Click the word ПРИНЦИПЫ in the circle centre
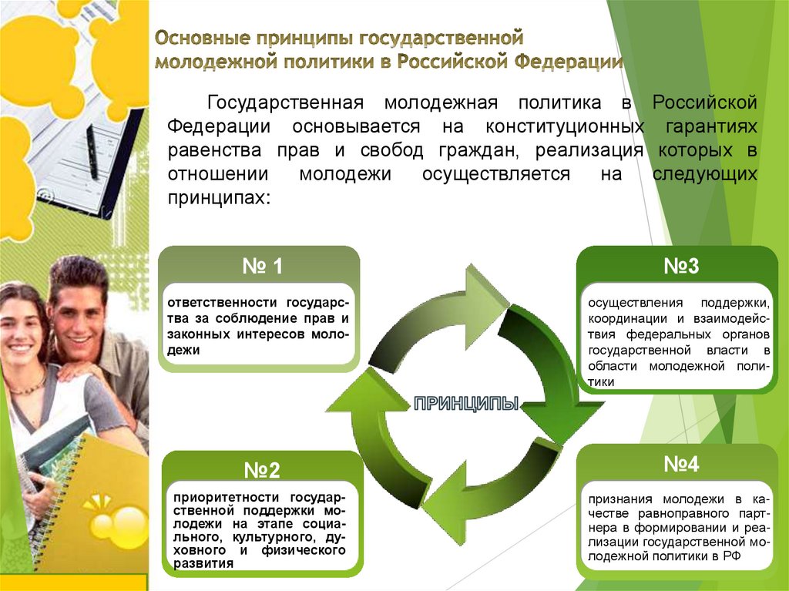tap(466, 403)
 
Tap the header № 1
tap(263, 267)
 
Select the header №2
tap(262, 470)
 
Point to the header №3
tap(681, 267)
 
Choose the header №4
tap(681, 465)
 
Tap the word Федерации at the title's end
tap(569, 62)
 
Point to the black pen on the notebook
tap(92, 150)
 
